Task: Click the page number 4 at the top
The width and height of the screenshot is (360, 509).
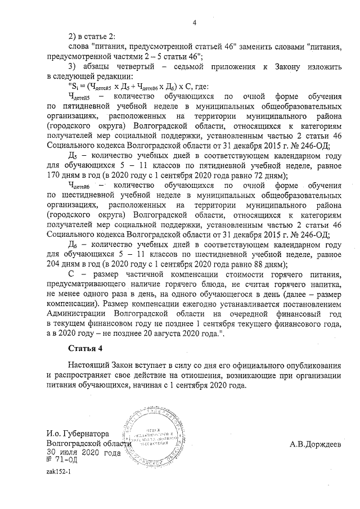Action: pos(194,22)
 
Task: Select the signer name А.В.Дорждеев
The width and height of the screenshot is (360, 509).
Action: pos(315,444)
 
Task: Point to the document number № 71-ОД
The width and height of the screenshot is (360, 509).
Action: pos(62,460)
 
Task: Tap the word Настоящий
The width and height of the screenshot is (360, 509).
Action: pos(89,366)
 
